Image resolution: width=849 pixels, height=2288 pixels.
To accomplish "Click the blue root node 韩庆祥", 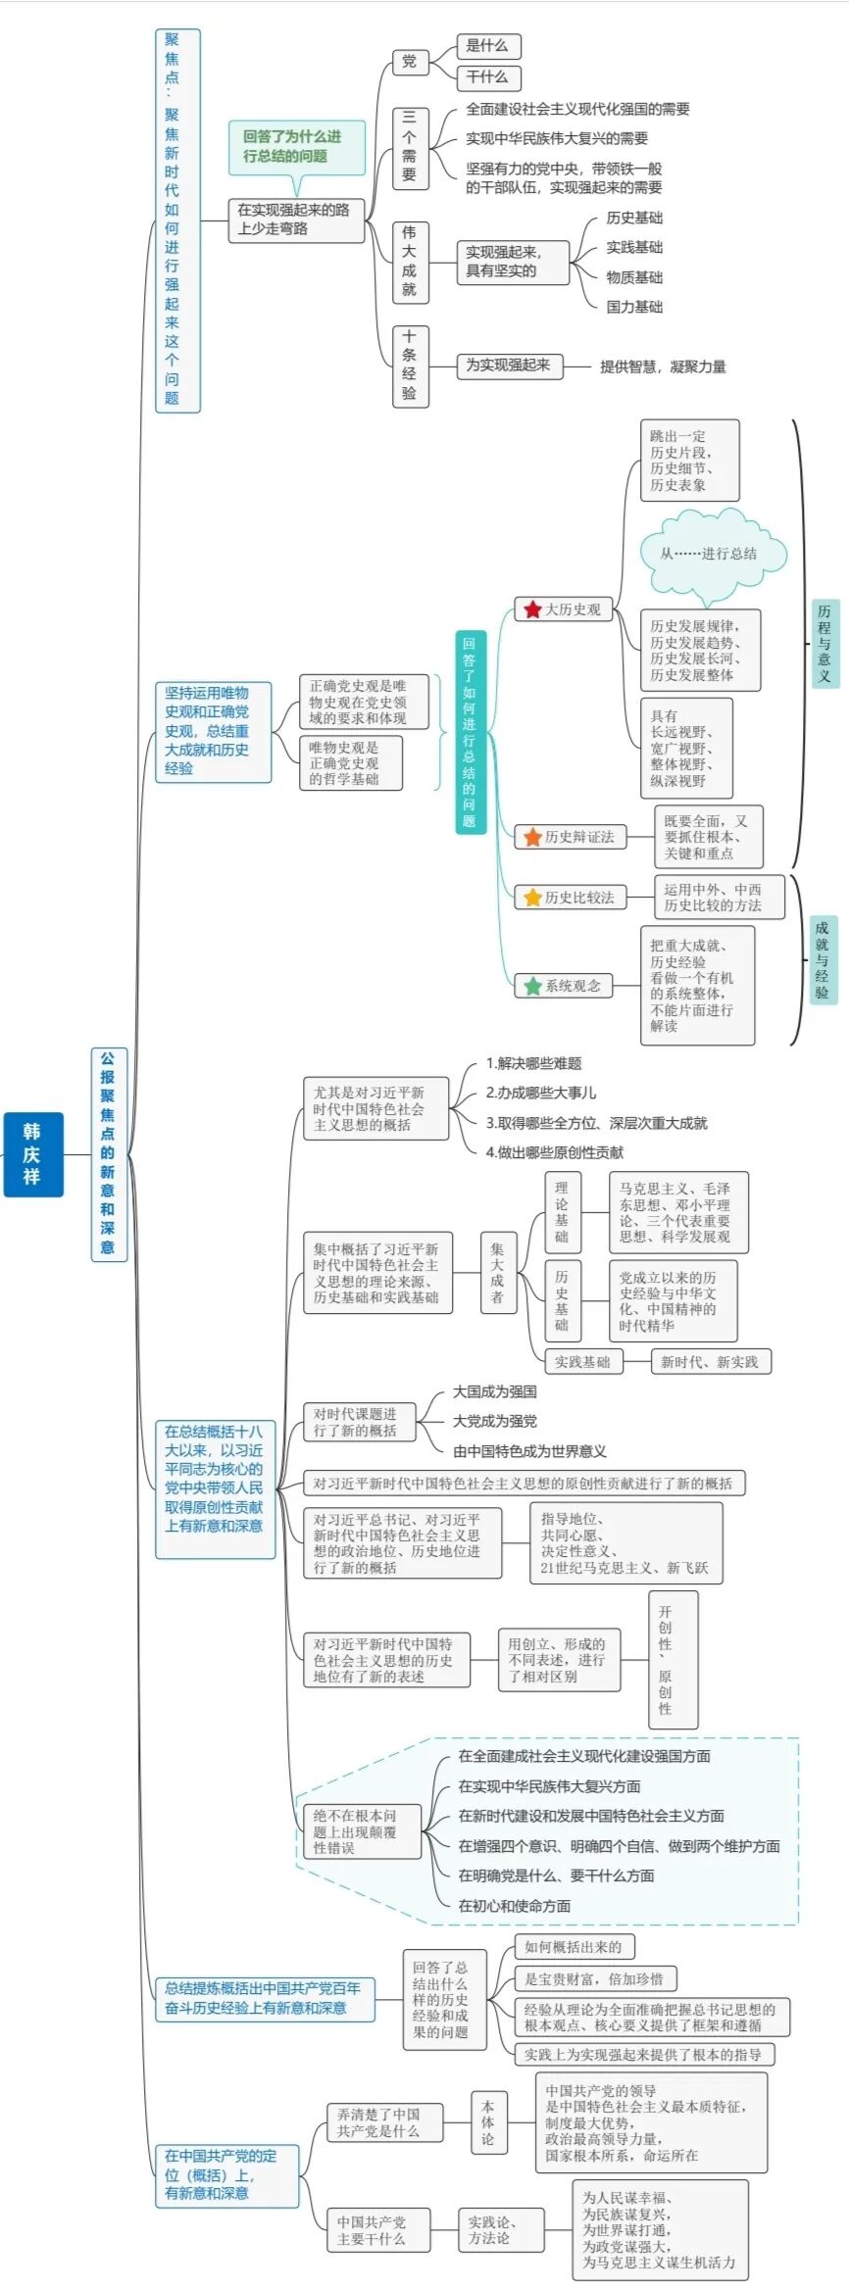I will tap(32, 1154).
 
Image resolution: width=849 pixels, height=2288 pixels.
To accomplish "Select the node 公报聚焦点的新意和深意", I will tap(108, 1153).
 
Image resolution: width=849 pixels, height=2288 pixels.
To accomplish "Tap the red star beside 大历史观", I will tap(532, 609).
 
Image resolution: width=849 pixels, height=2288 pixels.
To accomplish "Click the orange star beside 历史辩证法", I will tap(532, 837).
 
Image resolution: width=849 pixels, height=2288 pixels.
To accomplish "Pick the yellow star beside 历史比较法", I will tap(532, 898).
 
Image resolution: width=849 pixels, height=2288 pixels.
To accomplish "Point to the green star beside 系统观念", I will tap(532, 986).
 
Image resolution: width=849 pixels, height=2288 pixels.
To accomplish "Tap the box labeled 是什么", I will tap(487, 46).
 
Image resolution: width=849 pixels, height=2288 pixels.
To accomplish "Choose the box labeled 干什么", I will tap(487, 77).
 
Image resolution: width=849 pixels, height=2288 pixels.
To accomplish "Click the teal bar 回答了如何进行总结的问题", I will tap(470, 732).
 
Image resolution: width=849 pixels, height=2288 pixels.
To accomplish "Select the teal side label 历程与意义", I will tap(824, 644).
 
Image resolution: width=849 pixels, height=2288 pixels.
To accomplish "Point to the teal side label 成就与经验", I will tap(822, 959).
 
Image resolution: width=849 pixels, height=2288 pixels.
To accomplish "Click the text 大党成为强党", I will tap(494, 1421).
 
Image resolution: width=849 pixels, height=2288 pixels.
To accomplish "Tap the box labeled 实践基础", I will tap(582, 1361).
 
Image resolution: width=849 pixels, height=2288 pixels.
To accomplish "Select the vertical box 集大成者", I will tap(497, 1273).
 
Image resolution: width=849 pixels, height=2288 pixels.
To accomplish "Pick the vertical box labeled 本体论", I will tap(488, 2122).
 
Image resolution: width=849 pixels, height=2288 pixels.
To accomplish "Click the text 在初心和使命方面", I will tap(515, 1906).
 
